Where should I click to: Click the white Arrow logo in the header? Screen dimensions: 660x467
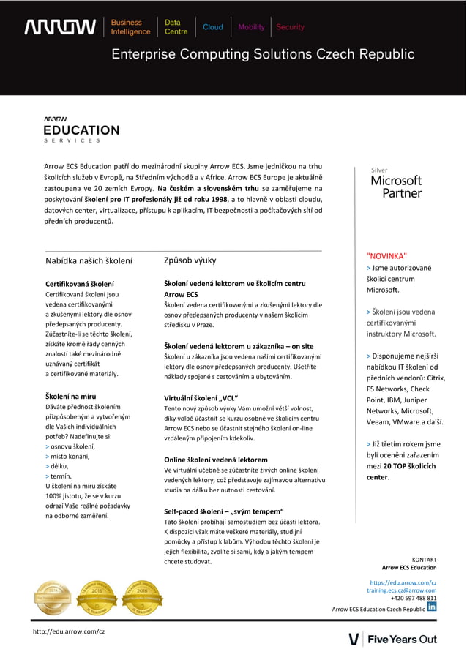point(60,27)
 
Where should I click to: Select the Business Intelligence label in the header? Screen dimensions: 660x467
point(130,27)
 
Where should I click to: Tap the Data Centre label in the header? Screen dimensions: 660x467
point(176,27)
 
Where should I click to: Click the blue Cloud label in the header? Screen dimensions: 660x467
point(213,27)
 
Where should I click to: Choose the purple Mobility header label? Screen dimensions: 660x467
point(251,27)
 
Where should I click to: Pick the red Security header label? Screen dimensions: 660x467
point(290,27)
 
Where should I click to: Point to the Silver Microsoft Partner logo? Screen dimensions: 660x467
point(396,183)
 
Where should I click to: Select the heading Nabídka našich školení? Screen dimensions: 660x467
point(89,260)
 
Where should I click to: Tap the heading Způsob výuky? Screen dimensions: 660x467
point(190,260)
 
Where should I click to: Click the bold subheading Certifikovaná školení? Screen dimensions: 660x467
point(80,283)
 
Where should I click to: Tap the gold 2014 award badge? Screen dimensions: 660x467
point(53,597)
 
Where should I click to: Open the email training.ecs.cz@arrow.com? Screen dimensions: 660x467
point(401,590)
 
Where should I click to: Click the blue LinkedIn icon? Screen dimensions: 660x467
point(432,607)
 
